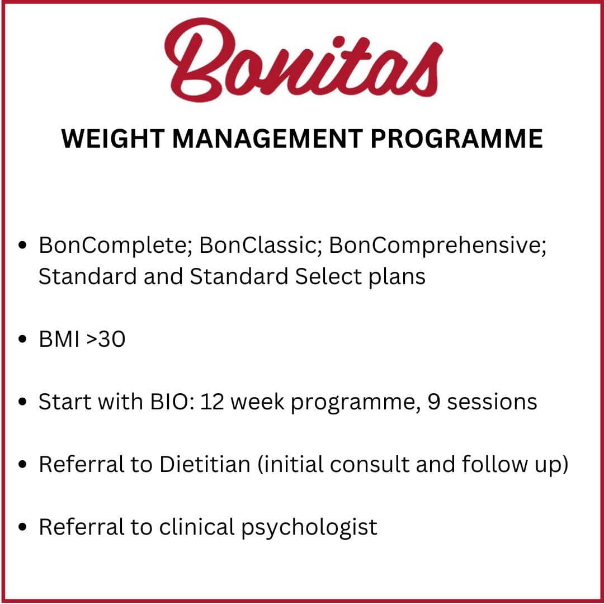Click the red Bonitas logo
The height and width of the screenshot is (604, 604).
(304, 60)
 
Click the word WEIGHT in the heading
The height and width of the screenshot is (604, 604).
(113, 139)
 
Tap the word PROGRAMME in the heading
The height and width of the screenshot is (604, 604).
(456, 139)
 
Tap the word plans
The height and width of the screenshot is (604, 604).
(397, 277)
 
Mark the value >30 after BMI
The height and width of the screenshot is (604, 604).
(106, 339)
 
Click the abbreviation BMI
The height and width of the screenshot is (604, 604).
(59, 339)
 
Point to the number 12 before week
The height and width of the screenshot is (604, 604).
(213, 402)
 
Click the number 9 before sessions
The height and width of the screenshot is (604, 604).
(434, 402)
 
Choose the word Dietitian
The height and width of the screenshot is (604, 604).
(205, 464)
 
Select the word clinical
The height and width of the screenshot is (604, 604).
(197, 527)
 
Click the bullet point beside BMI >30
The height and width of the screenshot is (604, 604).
(22, 339)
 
